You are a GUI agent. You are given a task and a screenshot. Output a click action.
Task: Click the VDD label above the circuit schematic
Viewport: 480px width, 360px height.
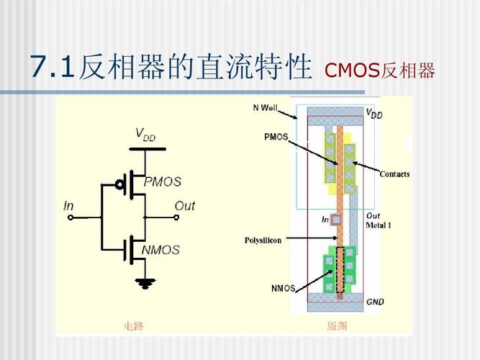coord(145,134)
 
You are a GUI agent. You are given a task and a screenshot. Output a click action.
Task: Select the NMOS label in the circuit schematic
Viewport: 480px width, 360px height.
coord(160,250)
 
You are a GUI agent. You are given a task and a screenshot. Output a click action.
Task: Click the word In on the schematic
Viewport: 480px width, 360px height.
coord(68,206)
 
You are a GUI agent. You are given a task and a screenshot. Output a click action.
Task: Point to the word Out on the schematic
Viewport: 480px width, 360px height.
coord(185,206)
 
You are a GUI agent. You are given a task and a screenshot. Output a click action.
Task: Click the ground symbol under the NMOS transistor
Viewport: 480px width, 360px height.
coord(145,284)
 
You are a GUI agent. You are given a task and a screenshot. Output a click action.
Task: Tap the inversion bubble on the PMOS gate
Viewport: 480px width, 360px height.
coord(119,184)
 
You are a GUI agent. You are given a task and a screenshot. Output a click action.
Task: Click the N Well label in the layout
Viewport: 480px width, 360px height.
coord(265,108)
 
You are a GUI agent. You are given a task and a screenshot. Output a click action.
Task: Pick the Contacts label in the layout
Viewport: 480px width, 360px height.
coord(394,174)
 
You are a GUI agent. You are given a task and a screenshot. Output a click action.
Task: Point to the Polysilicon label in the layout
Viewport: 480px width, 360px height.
coord(263,240)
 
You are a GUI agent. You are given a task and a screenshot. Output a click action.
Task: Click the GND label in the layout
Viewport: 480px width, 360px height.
coord(375,301)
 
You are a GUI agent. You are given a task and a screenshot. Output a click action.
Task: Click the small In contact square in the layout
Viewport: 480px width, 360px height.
coord(335,220)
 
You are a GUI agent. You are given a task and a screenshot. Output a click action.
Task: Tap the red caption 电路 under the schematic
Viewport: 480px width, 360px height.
coord(135,326)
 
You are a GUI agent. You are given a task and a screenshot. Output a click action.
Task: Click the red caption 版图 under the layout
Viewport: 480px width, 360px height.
coord(337,326)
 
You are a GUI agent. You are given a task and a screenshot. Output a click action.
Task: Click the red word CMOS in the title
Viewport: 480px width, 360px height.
coord(351,71)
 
